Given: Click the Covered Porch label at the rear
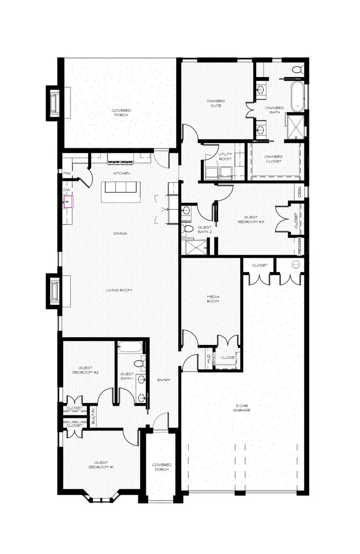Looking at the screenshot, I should pos(121,113).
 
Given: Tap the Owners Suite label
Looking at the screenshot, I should pos(216,103).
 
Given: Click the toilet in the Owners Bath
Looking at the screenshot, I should pos(297,70).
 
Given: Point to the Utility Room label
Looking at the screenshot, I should pos(225,156).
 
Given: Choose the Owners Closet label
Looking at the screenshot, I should pos(274,159).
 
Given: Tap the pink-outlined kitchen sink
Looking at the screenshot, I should pos(68,202).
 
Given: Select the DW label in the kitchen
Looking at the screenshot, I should pos(66,190).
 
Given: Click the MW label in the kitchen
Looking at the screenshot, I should pos(66,173).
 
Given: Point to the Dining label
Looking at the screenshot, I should pos(120,233).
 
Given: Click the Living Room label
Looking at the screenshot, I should pos(119,290).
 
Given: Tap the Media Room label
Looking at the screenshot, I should pos(213,299).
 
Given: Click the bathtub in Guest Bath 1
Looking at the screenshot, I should pos(130,347).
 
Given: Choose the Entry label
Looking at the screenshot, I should pos(164,380).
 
